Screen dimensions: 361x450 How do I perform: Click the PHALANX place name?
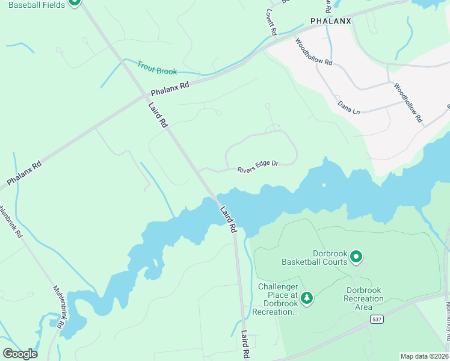[x=330, y=21]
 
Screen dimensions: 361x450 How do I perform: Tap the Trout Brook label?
[x=157, y=68]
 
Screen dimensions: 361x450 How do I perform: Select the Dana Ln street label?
[x=348, y=106]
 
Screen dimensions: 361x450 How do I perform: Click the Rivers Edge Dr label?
[x=257, y=165]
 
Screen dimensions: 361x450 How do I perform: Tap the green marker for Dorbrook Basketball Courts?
[x=356, y=257]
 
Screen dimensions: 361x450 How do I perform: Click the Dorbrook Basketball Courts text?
[x=315, y=258]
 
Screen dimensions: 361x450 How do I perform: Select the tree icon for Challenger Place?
[x=307, y=298]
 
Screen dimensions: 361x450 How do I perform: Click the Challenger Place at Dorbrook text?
[x=277, y=299]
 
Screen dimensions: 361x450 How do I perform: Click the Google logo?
[x=20, y=353]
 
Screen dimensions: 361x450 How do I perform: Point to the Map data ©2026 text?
[x=424, y=356]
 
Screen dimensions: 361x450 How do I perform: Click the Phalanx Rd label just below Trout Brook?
[x=170, y=89]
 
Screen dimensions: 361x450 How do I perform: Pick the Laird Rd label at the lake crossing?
[x=228, y=220]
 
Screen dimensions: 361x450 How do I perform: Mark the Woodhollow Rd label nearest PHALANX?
[x=313, y=52]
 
